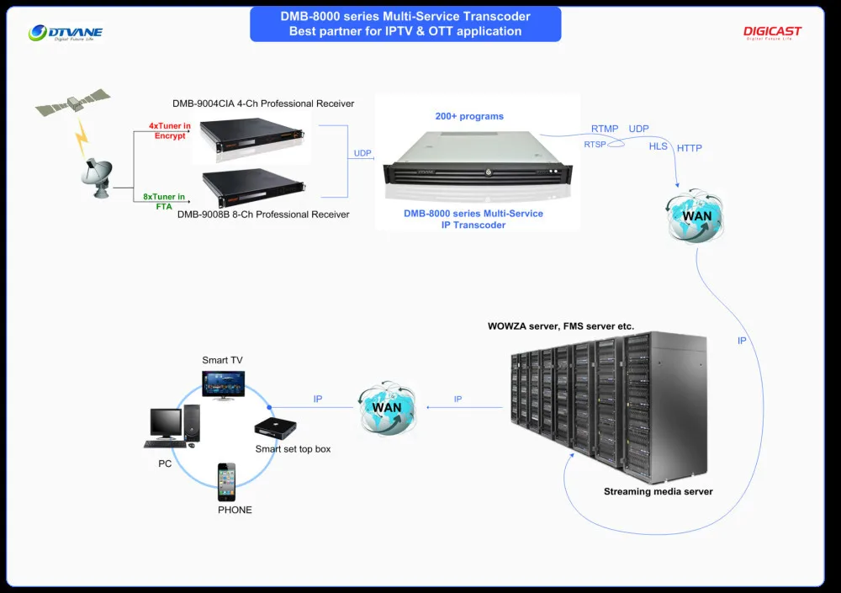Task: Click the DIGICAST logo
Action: pyautogui.click(x=772, y=33)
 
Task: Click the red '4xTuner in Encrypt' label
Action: pyautogui.click(x=170, y=130)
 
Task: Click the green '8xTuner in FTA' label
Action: pyautogui.click(x=165, y=201)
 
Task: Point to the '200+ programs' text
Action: pyautogui.click(x=469, y=116)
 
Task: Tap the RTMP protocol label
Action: pyautogui.click(x=605, y=129)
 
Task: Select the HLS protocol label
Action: pyautogui.click(x=658, y=146)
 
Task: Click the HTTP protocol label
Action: pyautogui.click(x=690, y=148)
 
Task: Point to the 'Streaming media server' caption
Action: pyautogui.click(x=658, y=491)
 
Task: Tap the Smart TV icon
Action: pyautogui.click(x=223, y=384)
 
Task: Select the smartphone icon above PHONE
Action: pyautogui.click(x=227, y=481)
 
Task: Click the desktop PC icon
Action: pyautogui.click(x=174, y=426)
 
